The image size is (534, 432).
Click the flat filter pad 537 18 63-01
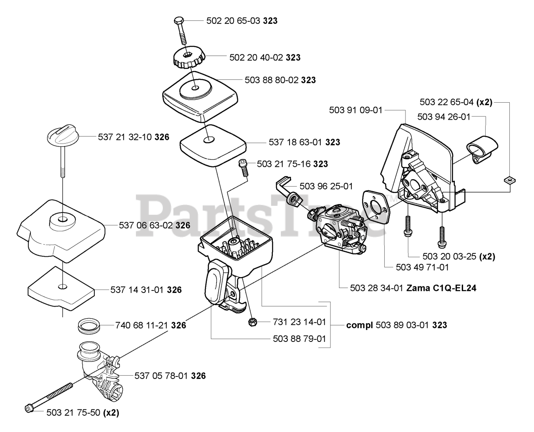(214, 141)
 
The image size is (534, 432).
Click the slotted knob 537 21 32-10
(62, 136)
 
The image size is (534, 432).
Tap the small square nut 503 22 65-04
(508, 180)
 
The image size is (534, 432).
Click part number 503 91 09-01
(355, 110)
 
